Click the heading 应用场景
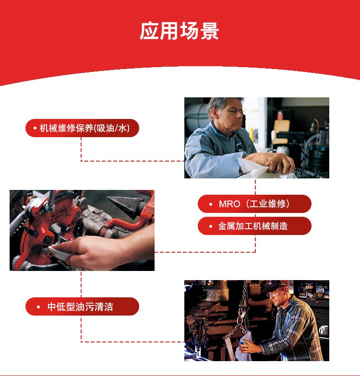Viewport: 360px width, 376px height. (180, 31)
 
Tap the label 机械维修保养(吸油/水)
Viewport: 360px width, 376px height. (82, 128)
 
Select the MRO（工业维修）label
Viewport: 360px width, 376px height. (254, 204)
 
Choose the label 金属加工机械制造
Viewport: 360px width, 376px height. (254, 226)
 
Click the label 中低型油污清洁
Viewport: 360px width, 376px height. (82, 306)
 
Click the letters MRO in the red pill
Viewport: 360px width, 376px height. (229, 204)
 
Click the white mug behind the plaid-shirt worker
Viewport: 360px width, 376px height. (324, 330)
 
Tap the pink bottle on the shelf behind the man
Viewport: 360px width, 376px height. (280, 116)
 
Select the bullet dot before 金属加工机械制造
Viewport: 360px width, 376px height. (210, 226)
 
